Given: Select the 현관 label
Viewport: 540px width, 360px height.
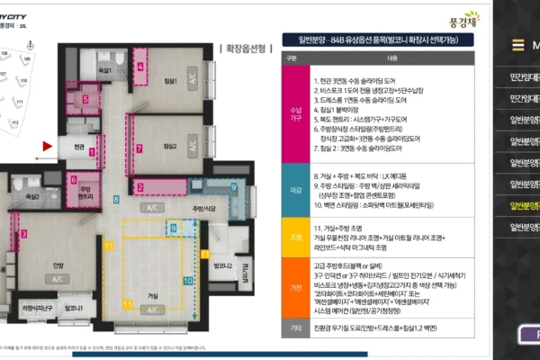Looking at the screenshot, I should (x=78, y=146).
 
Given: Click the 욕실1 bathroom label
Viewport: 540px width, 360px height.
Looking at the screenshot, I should (x=105, y=70).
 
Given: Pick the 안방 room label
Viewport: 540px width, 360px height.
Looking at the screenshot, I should (x=58, y=264).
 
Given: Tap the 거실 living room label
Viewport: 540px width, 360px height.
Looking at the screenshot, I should (x=154, y=294).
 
